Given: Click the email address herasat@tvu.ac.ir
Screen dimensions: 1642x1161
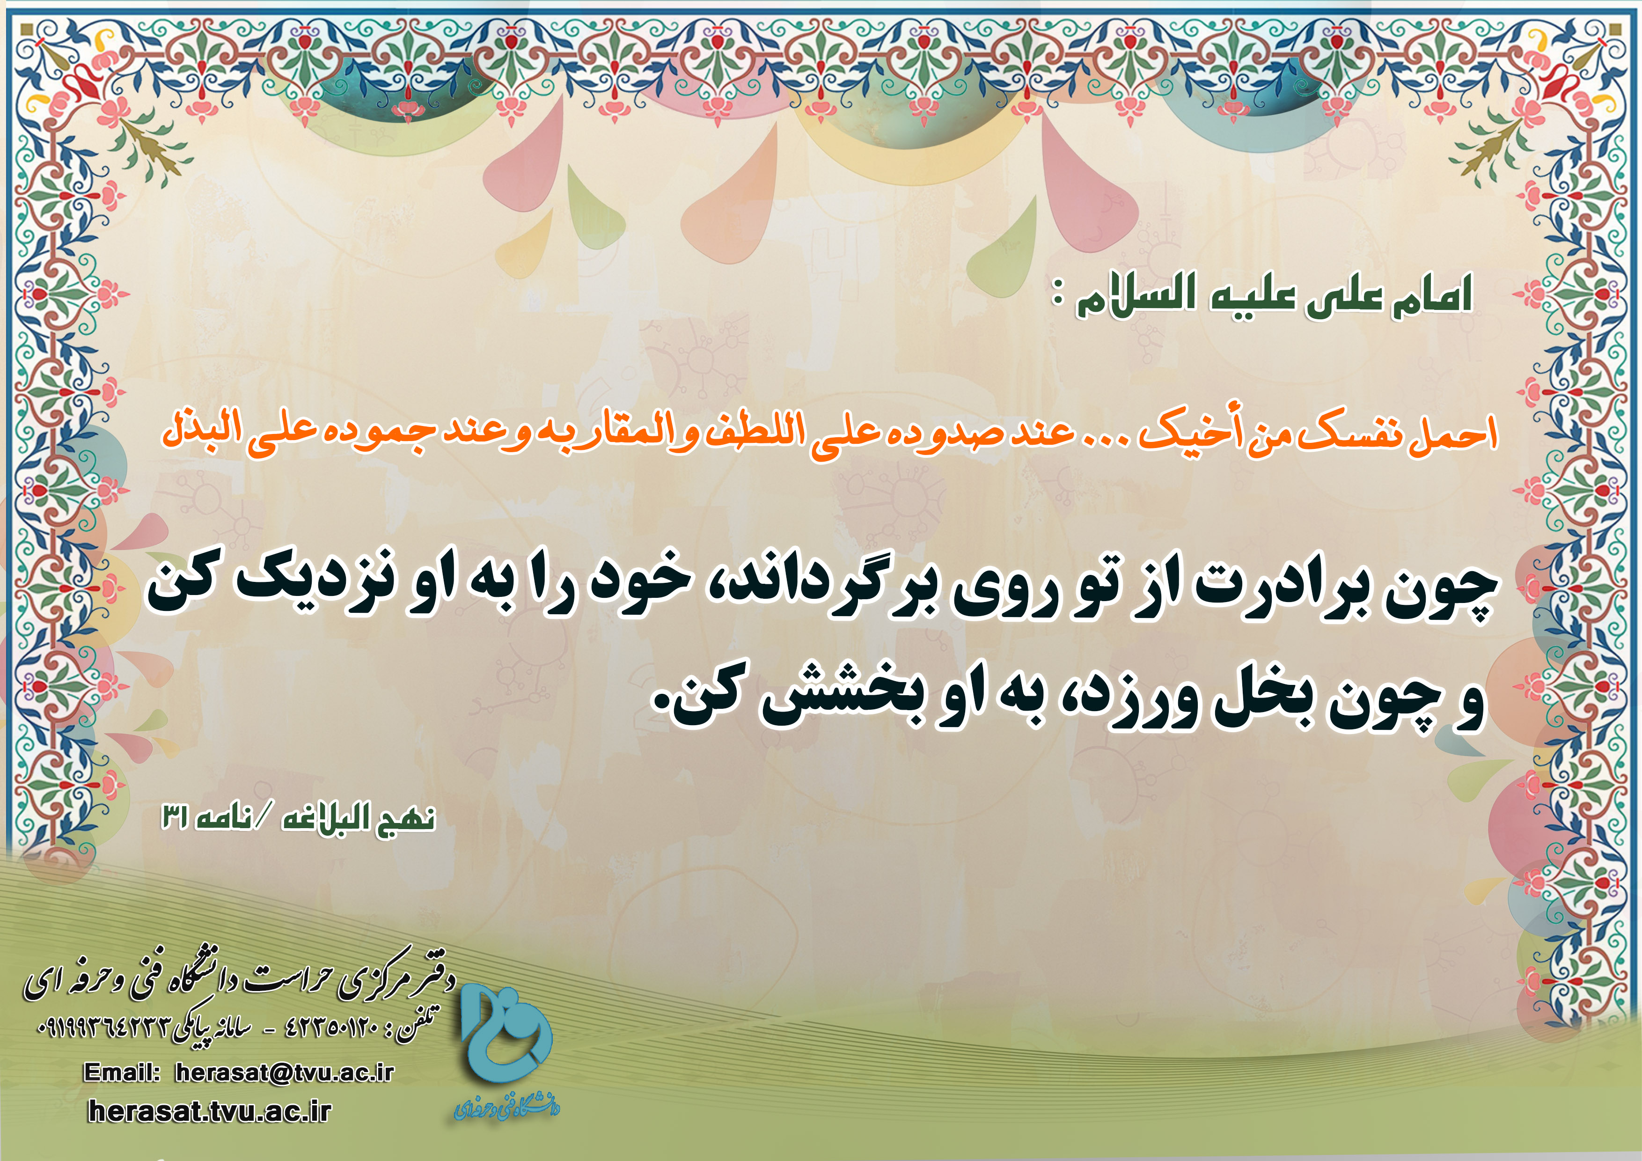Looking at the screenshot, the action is pyautogui.click(x=285, y=1073).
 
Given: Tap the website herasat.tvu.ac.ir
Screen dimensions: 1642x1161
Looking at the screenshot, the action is pyautogui.click(x=210, y=1111).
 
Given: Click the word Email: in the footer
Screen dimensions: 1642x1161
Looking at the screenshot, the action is pyautogui.click(x=122, y=1073).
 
